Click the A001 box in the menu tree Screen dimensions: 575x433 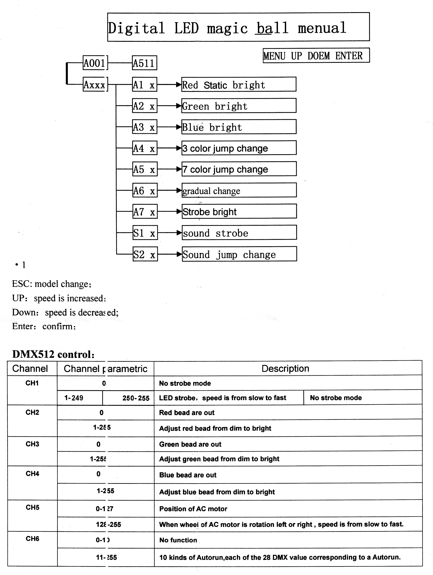(x=95, y=63)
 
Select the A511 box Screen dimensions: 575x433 (x=144, y=63)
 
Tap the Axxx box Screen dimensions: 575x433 (x=95, y=84)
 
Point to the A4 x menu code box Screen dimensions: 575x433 (x=145, y=148)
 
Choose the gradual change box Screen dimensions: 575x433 (x=239, y=190)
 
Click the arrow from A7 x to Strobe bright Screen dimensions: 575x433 (x=169, y=212)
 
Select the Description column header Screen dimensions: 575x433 (x=285, y=368)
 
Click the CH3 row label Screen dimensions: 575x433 (x=32, y=444)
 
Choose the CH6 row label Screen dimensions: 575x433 (x=32, y=538)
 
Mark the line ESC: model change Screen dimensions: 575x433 (x=52, y=284)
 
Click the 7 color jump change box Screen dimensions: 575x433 (x=239, y=169)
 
